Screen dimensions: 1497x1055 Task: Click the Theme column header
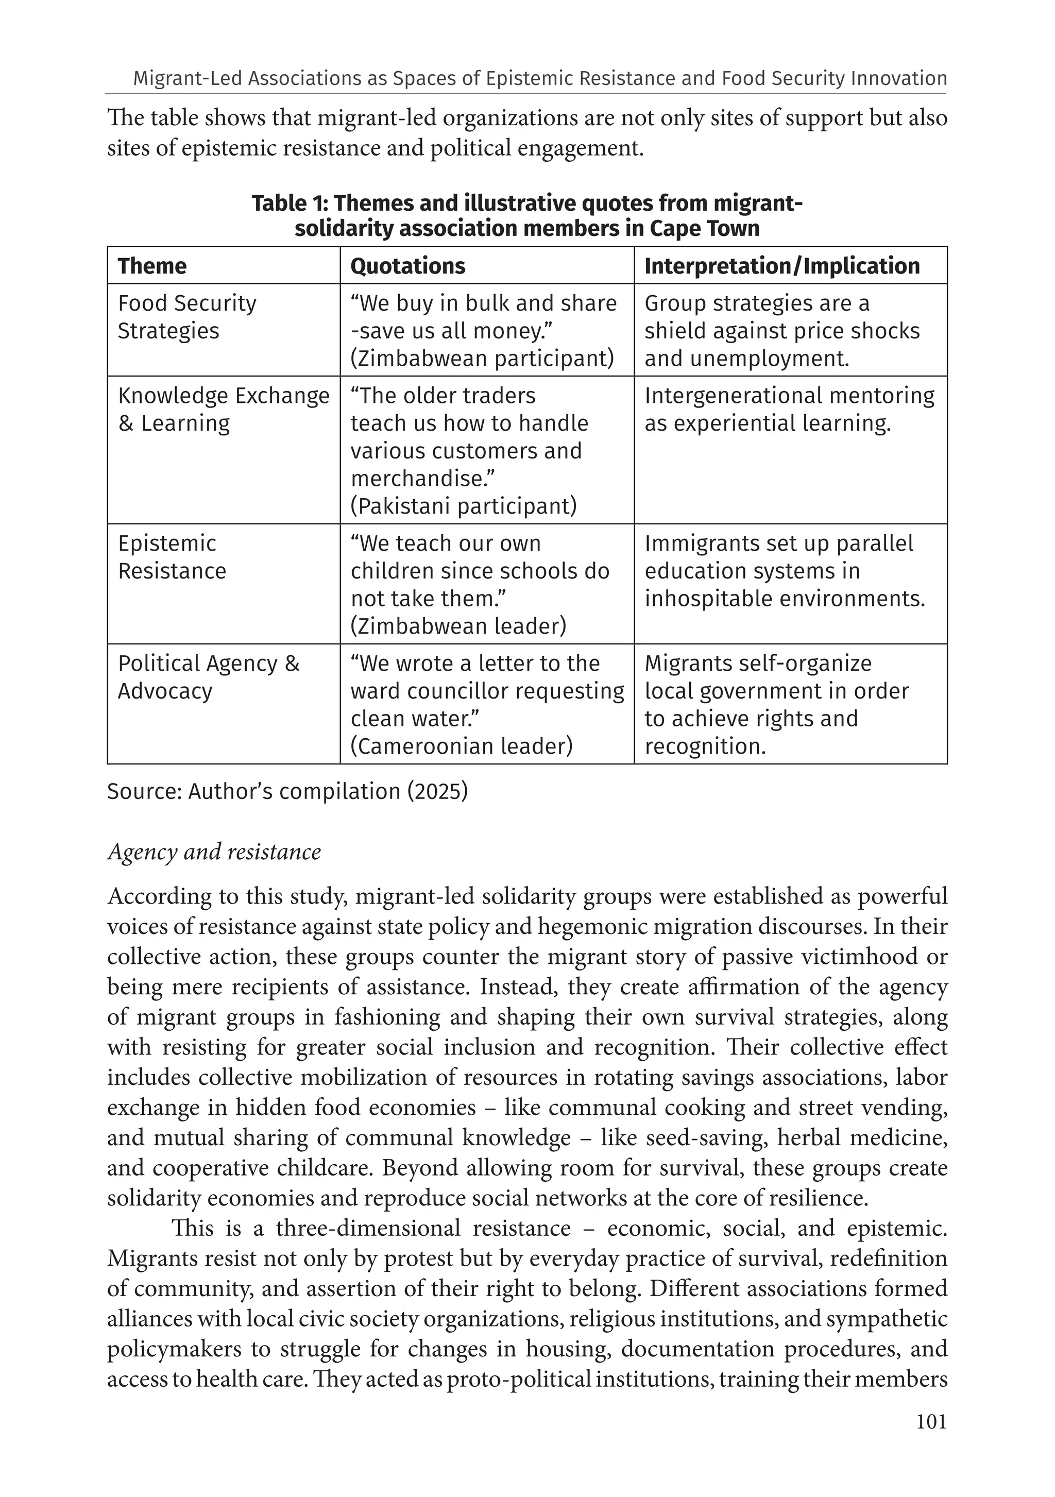click(x=152, y=266)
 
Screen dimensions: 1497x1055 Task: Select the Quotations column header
click(x=407, y=266)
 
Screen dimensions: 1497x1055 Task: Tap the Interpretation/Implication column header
click(x=782, y=266)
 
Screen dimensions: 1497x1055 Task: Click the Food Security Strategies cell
click(x=187, y=317)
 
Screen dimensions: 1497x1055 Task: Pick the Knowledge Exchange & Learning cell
click(x=223, y=410)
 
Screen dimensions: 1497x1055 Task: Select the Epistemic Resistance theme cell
click(x=172, y=557)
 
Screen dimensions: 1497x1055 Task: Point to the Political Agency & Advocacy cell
click(x=208, y=677)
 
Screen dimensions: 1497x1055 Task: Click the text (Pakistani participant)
click(x=464, y=506)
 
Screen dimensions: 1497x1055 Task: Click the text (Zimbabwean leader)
click(x=458, y=626)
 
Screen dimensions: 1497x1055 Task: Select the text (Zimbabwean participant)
click(x=482, y=359)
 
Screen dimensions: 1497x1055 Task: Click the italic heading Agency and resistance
click(x=214, y=852)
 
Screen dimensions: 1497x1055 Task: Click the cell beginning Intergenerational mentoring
click(x=789, y=410)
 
